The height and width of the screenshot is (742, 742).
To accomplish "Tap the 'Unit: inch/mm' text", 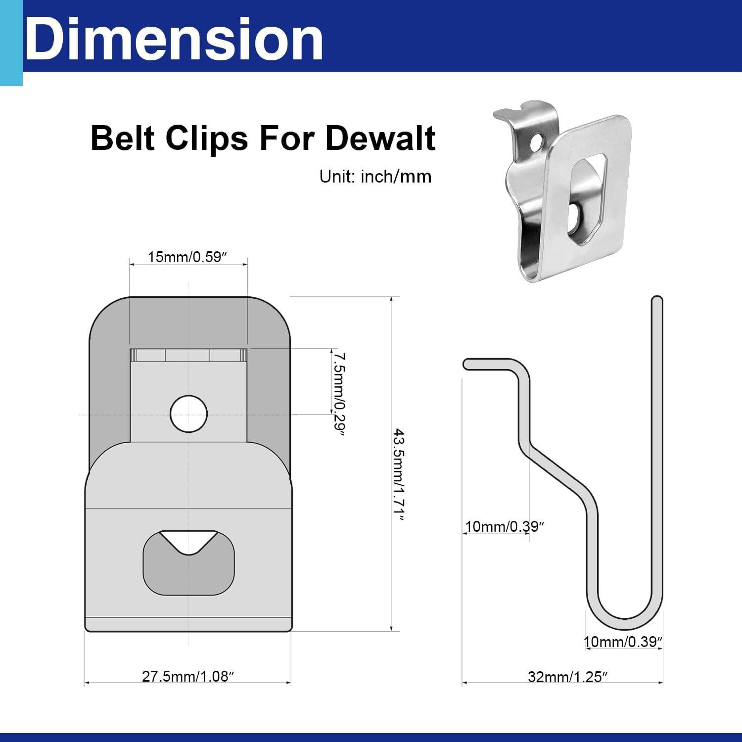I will pos(375,177).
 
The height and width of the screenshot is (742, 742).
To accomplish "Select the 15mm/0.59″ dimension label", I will pos(187,257).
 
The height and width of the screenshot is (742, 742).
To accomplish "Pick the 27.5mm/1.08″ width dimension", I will pos(187,676).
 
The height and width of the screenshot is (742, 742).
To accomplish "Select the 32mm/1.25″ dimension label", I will pos(567,677).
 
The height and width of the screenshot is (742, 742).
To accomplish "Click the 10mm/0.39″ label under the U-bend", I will pos(623,642).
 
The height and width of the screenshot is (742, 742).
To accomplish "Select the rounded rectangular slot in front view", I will pos(188,564).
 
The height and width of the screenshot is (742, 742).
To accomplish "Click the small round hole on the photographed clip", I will pos(535,143).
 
